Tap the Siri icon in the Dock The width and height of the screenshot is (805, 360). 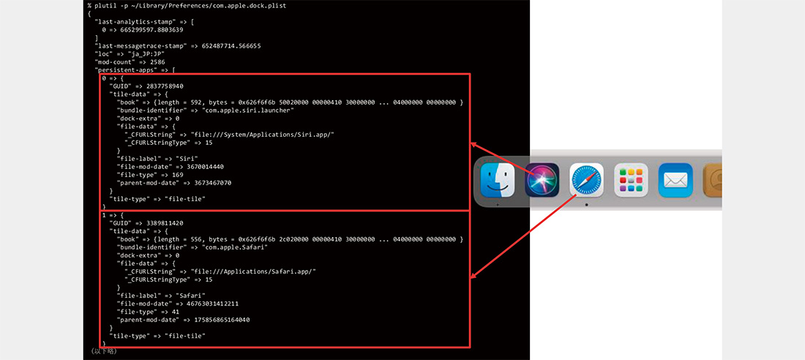542,180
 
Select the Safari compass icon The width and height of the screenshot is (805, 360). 586,180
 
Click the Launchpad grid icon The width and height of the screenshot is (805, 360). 631,180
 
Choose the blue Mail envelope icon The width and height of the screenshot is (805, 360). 675,180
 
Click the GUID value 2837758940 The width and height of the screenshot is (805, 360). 167,86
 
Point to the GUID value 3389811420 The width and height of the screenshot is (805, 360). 167,222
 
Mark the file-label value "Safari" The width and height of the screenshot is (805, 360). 191,295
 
